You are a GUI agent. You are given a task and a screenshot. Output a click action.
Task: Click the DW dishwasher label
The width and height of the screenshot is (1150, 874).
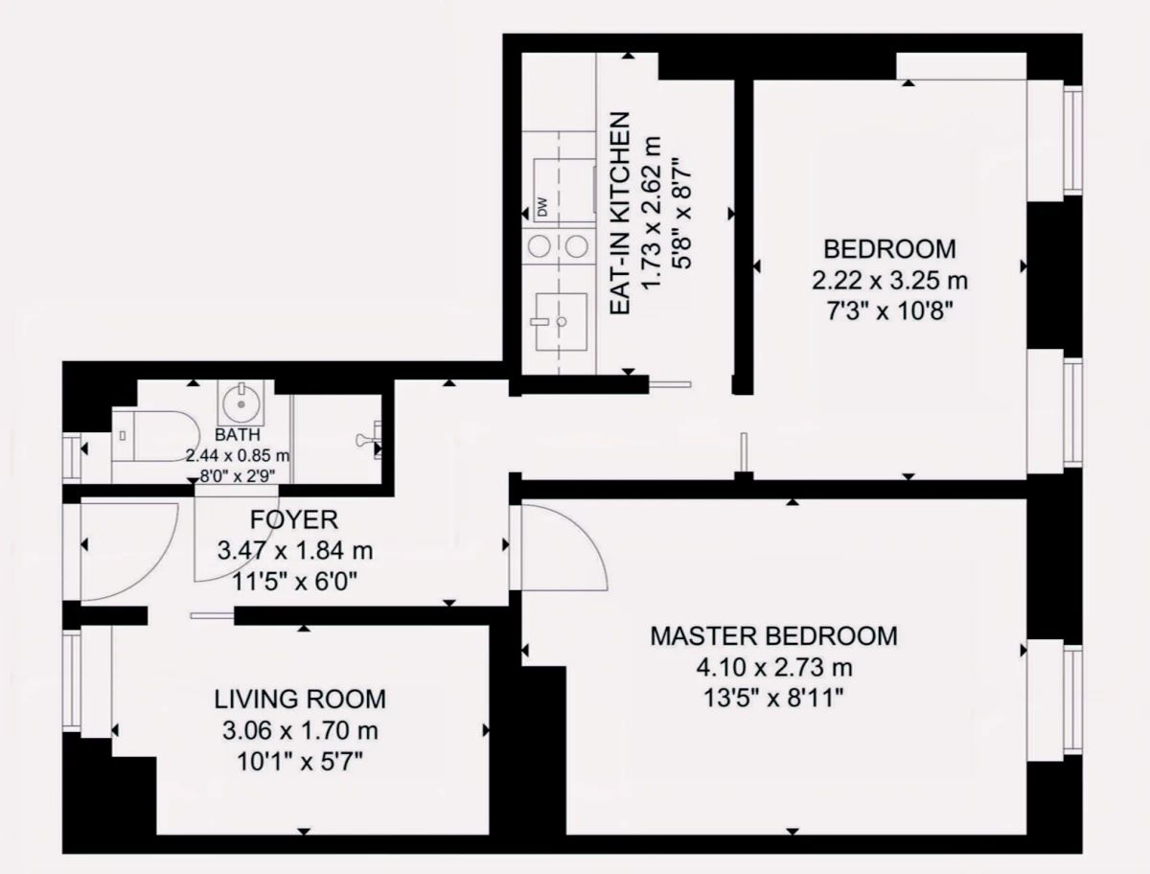pos(542,207)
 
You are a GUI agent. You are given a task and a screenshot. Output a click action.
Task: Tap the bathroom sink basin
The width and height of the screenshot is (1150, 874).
pos(241,402)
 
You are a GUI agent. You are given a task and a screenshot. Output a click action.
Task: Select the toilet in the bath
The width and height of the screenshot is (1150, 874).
pos(156,436)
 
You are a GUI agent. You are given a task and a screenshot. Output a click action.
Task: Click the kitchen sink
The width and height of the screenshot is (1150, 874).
pos(562,322)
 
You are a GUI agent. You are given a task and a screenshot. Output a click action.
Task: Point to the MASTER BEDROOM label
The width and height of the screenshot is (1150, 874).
pos(773,636)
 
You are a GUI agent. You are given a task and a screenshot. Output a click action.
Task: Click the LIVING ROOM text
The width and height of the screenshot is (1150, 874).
pos(300,699)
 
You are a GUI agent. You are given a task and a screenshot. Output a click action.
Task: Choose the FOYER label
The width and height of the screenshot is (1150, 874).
pos(294,520)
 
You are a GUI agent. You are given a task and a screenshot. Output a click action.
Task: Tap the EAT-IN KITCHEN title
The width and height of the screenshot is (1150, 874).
pos(620,214)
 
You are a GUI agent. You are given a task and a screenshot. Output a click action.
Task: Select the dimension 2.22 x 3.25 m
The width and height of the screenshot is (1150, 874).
pos(889,281)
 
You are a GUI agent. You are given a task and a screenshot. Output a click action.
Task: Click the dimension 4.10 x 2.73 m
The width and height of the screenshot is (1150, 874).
pos(773,668)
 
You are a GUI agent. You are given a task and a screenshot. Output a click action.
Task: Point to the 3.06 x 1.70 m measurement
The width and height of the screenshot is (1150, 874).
pos(300,730)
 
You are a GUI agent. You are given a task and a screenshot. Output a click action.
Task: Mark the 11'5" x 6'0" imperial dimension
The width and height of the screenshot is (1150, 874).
pos(294,582)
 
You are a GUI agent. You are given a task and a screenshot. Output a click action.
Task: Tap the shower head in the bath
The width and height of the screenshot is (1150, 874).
pos(368,440)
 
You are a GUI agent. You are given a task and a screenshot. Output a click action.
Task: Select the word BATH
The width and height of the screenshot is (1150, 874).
pos(238,435)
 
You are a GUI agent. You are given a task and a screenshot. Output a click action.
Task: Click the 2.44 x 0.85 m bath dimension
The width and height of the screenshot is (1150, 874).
pos(238,455)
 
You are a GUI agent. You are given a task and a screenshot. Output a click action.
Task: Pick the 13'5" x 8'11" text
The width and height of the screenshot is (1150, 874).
pos(773,699)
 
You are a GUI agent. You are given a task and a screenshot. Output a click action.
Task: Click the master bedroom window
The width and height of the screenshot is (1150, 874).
pos(1073,700)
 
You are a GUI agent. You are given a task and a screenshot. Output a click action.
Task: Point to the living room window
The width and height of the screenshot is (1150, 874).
pos(72,680)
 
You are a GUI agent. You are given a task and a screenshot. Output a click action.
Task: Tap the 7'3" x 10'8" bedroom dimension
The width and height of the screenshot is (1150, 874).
pos(889,312)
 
